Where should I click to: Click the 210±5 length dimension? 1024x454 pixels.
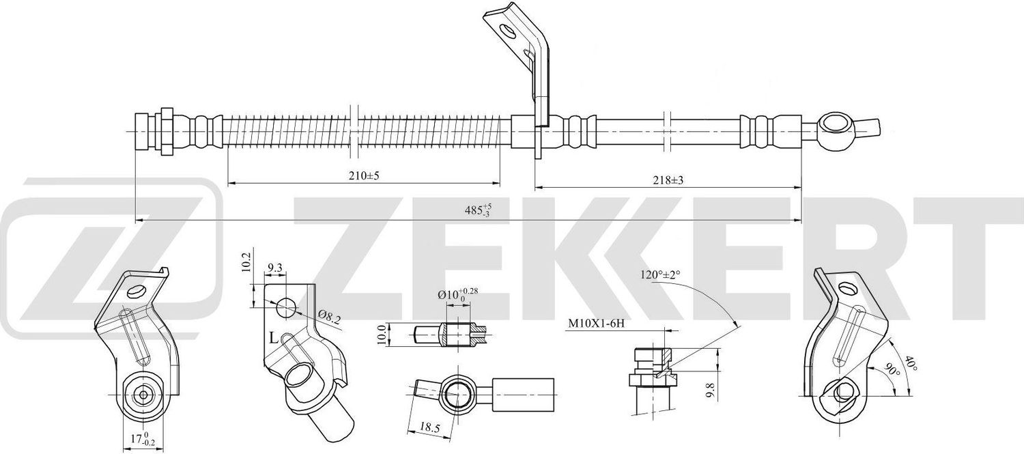coord(363,175)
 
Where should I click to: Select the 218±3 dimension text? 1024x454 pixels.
coord(668,180)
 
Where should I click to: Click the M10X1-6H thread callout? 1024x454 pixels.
coord(596,324)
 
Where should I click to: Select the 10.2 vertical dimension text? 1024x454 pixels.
coord(248,264)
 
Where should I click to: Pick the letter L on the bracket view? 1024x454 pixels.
coord(272,338)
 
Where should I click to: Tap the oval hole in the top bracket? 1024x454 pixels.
coord(507,31)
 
